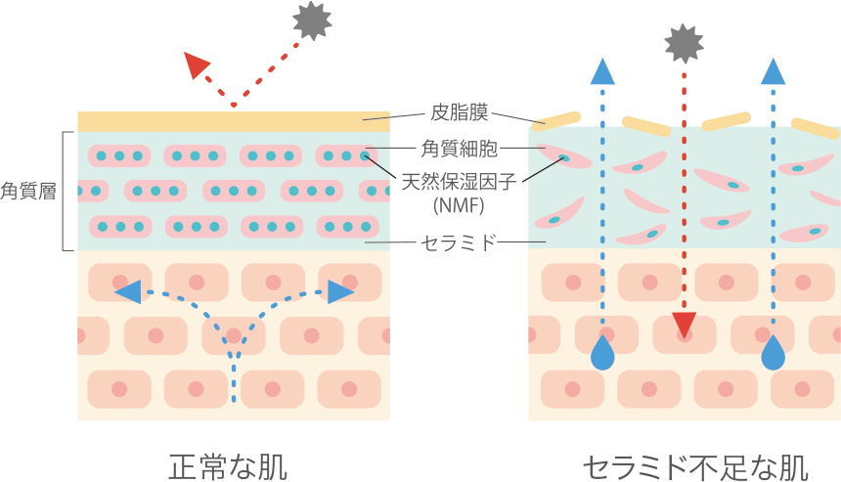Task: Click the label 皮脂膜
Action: [x=458, y=112]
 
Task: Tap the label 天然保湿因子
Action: [x=459, y=181]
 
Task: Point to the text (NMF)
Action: [x=459, y=206]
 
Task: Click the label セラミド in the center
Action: [x=459, y=241]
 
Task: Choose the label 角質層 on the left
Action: [x=26, y=190]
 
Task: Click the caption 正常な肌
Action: [x=228, y=464]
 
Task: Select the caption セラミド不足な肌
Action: [x=695, y=465]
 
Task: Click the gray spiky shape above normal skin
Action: [x=312, y=21]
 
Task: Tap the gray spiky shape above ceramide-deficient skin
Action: [x=684, y=42]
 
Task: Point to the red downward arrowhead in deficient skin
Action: [x=684, y=324]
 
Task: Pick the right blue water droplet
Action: [x=774, y=353]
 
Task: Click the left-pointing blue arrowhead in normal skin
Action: [x=127, y=291]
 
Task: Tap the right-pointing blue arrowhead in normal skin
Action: [x=339, y=291]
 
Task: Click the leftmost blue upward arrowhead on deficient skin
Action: [x=603, y=70]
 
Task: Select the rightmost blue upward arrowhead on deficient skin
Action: [x=774, y=70]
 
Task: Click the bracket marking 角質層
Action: [x=66, y=191]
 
